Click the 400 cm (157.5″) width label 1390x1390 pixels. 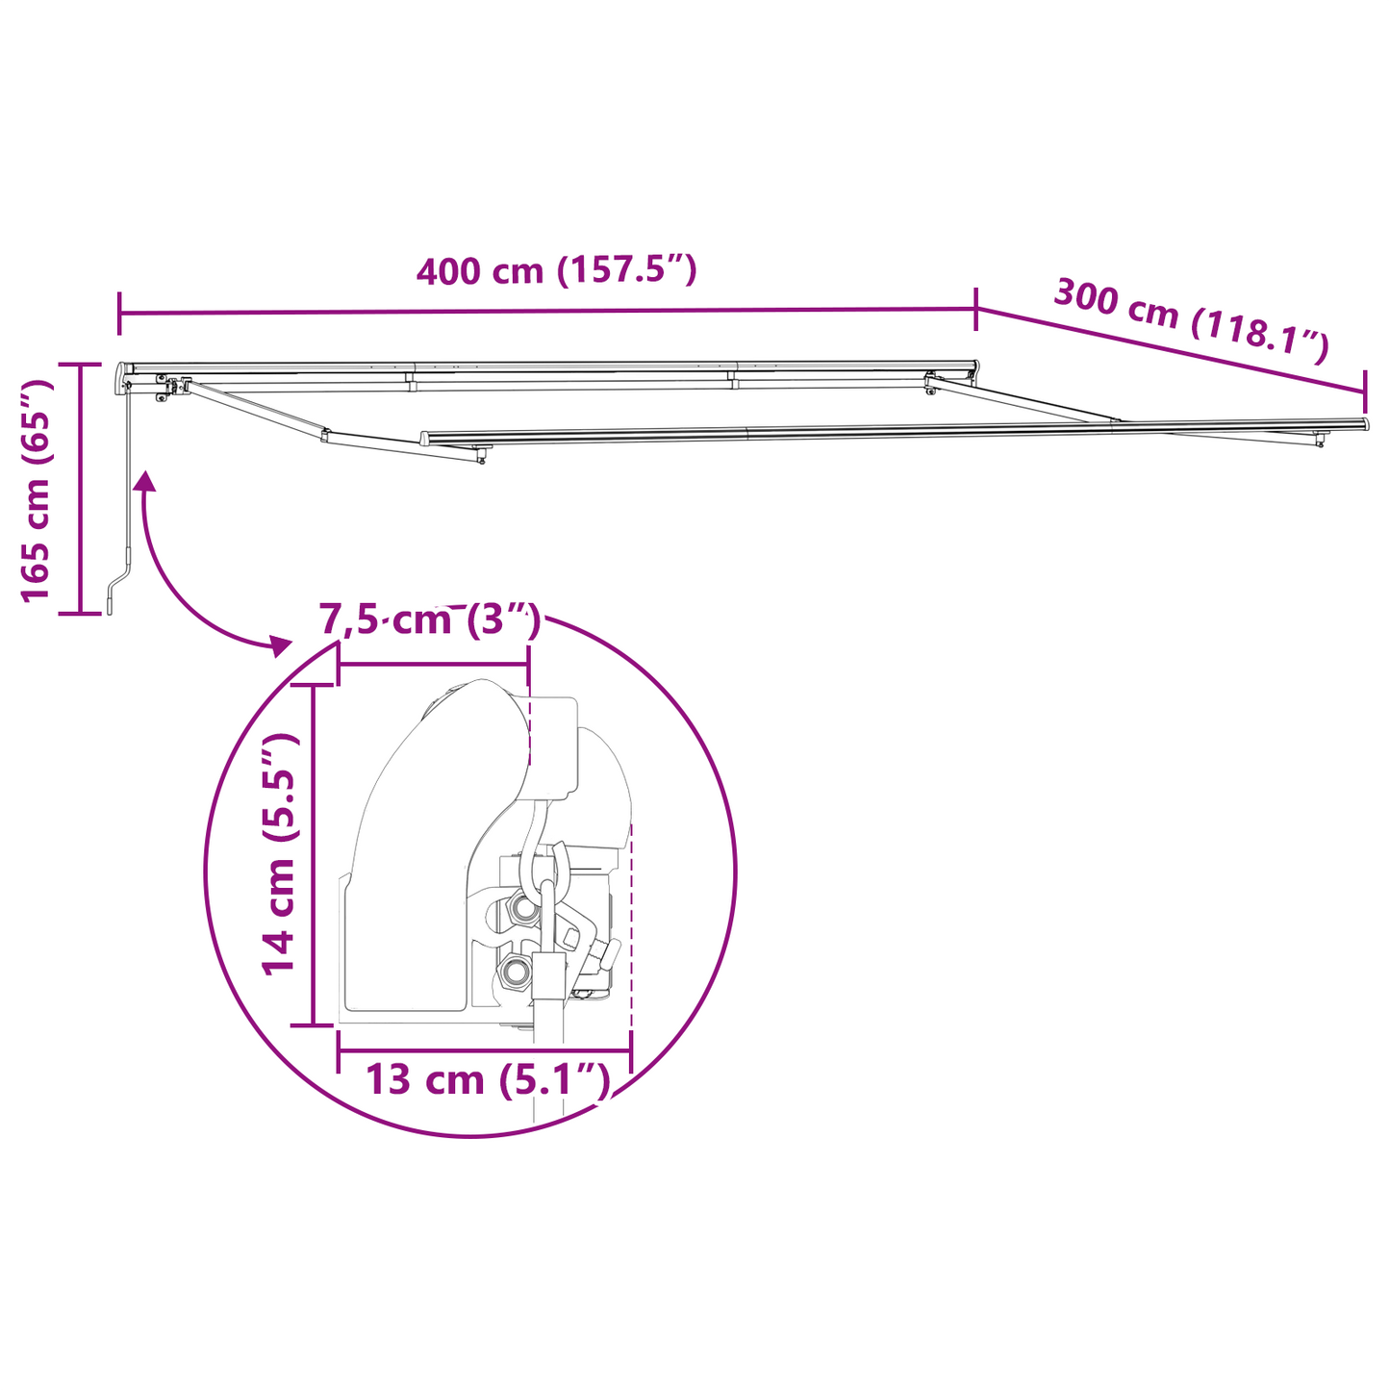pos(556,271)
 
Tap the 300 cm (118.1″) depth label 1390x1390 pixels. pos(1191,320)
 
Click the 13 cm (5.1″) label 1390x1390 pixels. pos(488,1079)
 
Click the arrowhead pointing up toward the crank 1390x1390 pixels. pos(146,481)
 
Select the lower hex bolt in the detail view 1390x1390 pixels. pos(514,972)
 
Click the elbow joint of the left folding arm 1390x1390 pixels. pos(326,438)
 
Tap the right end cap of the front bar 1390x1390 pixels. pos(1364,424)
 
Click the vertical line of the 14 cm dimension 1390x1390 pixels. pos(314,854)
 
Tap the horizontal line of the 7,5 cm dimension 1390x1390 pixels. pos(433,664)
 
